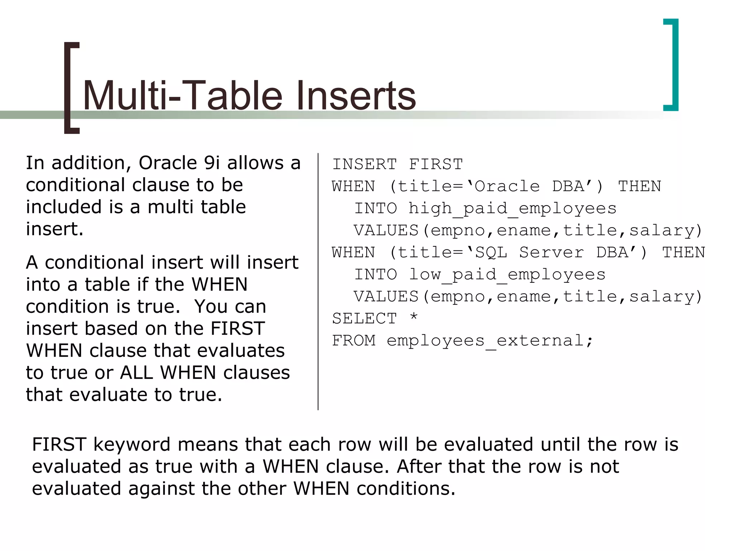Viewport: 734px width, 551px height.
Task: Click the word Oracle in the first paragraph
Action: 168,163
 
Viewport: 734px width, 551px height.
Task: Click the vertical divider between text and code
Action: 318,282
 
